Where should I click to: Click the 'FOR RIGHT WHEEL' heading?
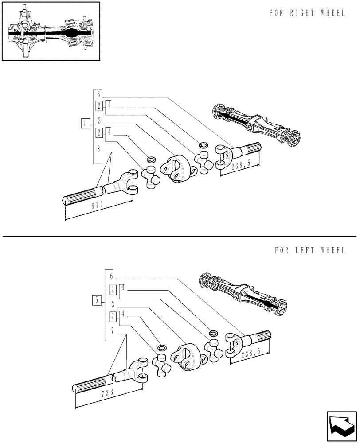307,13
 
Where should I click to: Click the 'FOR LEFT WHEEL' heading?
309,250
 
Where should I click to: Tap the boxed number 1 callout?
85,123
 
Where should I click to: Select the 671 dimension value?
98,205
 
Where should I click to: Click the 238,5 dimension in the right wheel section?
242,165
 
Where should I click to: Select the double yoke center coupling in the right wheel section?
176,169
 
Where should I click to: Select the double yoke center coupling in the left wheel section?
188,357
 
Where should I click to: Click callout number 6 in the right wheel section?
99,94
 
